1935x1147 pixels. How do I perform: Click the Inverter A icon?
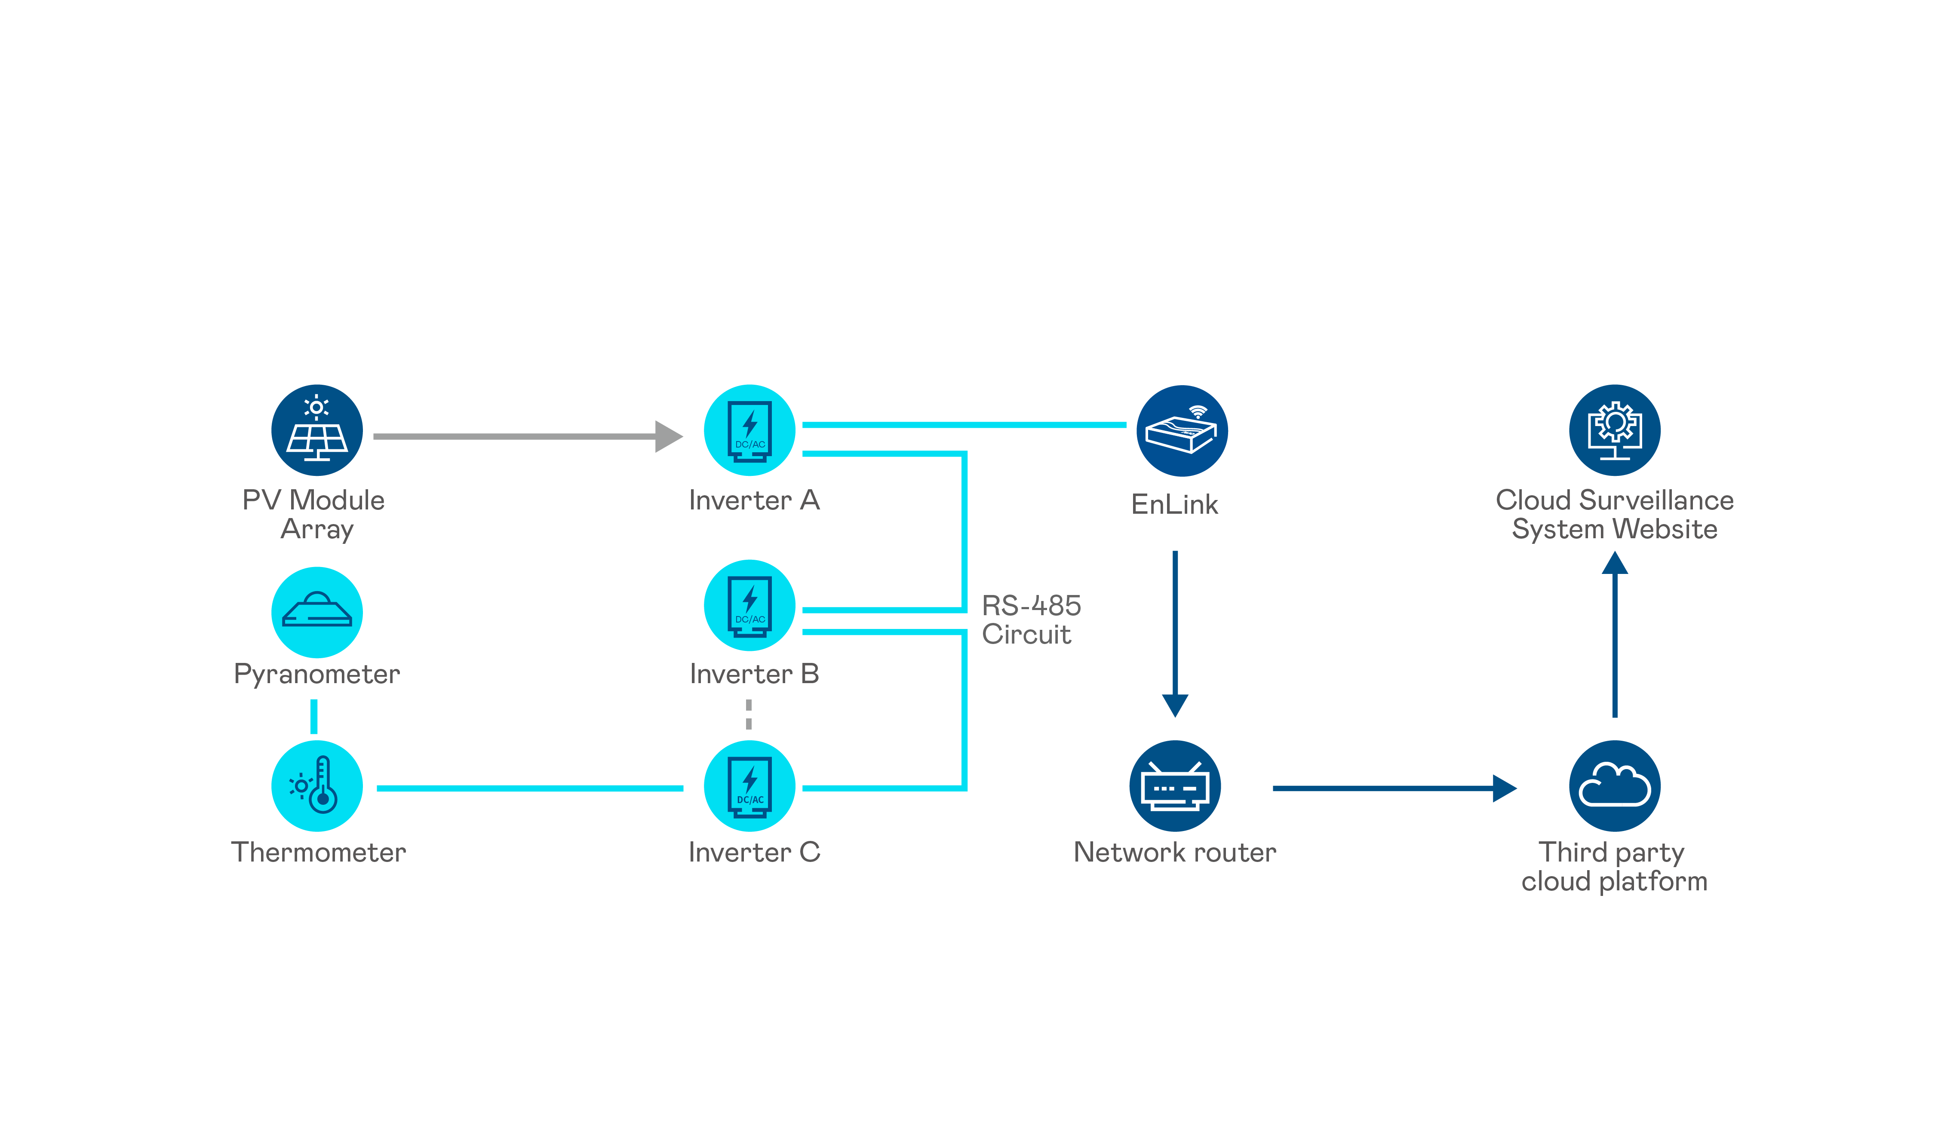(x=749, y=430)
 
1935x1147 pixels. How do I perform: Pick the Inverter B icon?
(x=749, y=605)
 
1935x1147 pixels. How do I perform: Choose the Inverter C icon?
(x=749, y=786)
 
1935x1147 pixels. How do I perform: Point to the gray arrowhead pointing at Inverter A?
(x=668, y=437)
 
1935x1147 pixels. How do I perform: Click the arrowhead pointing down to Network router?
(x=1175, y=705)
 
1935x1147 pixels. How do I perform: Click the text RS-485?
(x=1031, y=605)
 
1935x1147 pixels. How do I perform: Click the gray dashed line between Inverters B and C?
(x=748, y=714)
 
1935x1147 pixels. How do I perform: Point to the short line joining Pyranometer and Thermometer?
(x=314, y=717)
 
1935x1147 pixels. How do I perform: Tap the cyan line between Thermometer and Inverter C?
(x=530, y=788)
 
